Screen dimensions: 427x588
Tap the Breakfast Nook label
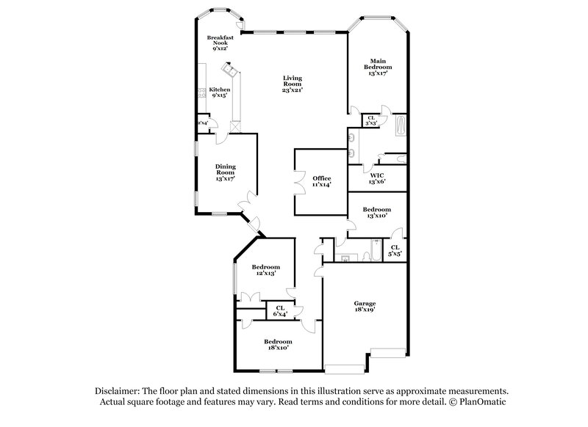(220, 43)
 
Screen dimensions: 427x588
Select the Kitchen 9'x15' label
(220, 92)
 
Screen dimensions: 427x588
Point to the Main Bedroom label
(379, 66)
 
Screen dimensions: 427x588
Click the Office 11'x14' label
(322, 182)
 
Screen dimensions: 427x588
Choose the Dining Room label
(225, 172)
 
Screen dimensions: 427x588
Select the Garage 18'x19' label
(365, 307)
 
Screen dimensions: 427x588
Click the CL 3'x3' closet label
(371, 120)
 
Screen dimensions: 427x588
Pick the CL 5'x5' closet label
(395, 250)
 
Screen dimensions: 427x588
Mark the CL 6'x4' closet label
(279, 311)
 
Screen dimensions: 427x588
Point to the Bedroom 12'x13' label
(265, 270)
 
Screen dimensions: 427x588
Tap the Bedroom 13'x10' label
(377, 213)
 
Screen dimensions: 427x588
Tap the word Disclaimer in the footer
(118, 392)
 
